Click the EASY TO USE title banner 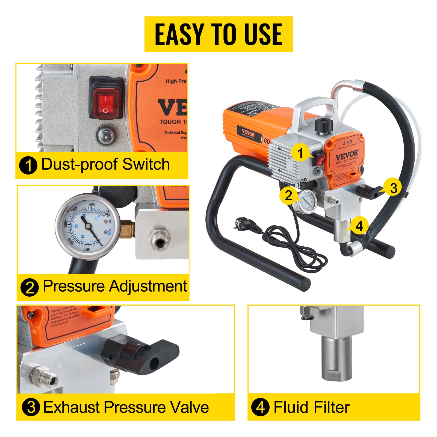point(218,34)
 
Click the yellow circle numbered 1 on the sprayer point(300,153)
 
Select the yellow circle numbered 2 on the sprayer point(288,196)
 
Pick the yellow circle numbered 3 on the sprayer point(393,188)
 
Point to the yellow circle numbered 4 point(359,226)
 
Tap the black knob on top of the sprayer point(324,125)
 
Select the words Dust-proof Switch point(105,164)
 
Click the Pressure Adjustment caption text point(115,286)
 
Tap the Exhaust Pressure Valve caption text point(126,407)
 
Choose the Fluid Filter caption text point(311,407)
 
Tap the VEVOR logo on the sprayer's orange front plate point(346,156)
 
